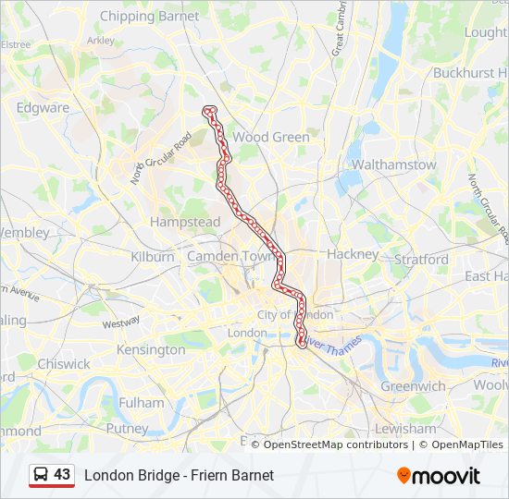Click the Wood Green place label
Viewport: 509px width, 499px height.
[271, 137]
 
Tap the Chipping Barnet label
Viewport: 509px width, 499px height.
[149, 16]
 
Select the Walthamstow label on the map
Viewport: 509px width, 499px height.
[394, 164]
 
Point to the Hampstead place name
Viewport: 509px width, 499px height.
[185, 222]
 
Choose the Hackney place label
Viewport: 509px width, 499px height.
[353, 253]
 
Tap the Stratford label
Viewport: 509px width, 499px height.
[421, 260]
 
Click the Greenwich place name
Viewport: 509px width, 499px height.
[414, 386]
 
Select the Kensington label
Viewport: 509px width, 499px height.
[151, 350]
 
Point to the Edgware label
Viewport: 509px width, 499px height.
[43, 107]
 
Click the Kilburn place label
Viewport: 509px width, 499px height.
[153, 256]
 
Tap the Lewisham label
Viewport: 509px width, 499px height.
[406, 429]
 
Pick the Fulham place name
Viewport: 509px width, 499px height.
[141, 403]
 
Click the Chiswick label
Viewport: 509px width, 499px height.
[64, 364]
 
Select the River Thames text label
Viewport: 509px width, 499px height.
[332, 353]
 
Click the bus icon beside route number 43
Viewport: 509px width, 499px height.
[41, 475]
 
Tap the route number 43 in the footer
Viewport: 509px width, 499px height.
[62, 474]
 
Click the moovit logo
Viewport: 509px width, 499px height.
[439, 476]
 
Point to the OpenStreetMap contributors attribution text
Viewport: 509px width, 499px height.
[335, 444]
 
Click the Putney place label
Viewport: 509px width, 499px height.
[127, 429]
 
